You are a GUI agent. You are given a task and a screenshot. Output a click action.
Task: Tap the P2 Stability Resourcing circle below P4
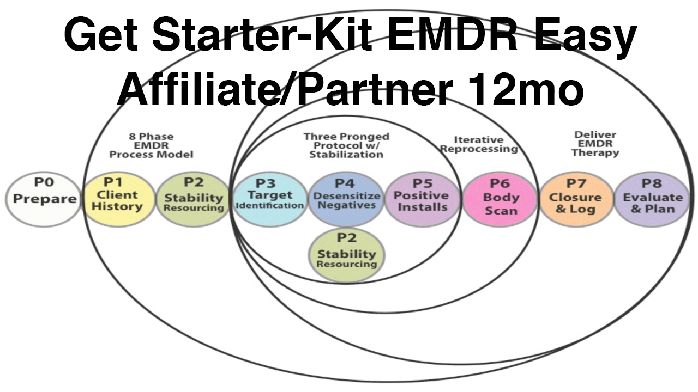pos(347,255)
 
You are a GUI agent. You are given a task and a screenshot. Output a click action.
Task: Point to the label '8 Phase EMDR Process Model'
pos(151,145)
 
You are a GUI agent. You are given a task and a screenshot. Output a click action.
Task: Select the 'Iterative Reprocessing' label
pos(478,144)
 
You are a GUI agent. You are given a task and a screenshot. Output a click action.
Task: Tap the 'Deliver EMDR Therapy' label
pos(595,144)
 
